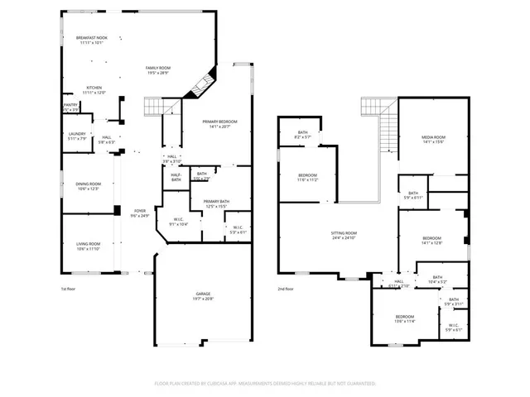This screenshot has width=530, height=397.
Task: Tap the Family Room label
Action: tap(158, 69)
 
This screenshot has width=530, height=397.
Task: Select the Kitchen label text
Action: tap(94, 90)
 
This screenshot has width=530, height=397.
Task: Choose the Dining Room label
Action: tap(89, 186)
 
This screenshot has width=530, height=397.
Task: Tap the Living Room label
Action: tap(89, 246)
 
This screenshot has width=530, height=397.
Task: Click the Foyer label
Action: tap(140, 213)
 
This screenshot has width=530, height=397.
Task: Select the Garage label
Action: tap(203, 296)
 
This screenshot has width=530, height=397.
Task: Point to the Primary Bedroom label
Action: tap(219, 123)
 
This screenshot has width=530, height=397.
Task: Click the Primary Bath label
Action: tap(216, 203)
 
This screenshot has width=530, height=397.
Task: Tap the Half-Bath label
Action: tap(176, 177)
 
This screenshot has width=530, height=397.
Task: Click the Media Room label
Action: tap(434, 139)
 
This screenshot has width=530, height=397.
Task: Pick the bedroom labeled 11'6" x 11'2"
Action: tap(307, 177)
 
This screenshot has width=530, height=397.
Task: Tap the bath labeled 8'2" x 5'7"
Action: tap(303, 134)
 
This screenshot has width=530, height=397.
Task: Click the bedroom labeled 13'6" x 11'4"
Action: tap(404, 319)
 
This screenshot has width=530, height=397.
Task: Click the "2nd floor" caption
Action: tap(286, 289)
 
